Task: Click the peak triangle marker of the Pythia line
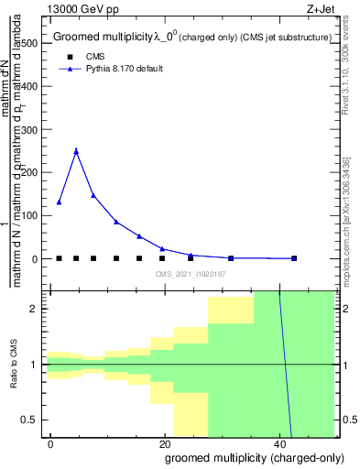[76, 151]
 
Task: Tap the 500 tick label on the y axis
[27, 43]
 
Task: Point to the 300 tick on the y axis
[27, 129]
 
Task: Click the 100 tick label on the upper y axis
[27, 216]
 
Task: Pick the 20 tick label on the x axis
[165, 443]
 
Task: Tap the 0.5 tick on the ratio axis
[31, 420]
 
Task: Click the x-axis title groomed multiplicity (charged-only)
[243, 457]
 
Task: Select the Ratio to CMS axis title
[14, 365]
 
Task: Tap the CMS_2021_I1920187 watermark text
[190, 274]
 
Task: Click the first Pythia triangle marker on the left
[60, 202]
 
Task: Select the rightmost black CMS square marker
[294, 258]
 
